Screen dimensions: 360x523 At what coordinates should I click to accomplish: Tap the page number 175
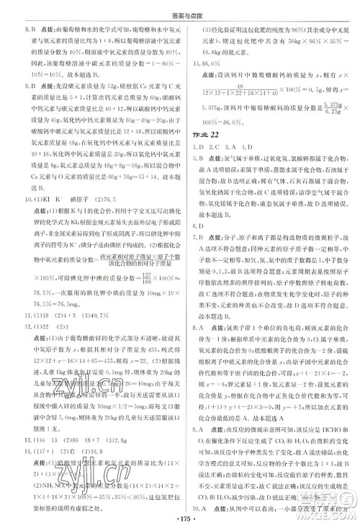click(x=179, y=514)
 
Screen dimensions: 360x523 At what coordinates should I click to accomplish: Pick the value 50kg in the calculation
click(x=294, y=42)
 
